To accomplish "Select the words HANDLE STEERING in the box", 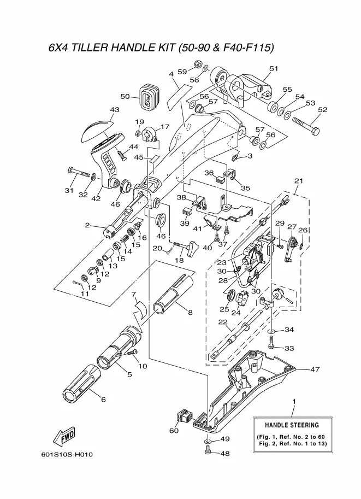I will pos(292,425).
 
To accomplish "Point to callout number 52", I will pos(322,110).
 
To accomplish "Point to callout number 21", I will pos(298,181).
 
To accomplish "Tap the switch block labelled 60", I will pos(184,418).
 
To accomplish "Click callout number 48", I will pos(225,453).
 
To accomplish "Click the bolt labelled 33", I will pos(272,343).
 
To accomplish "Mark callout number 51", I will pos(274,69).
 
